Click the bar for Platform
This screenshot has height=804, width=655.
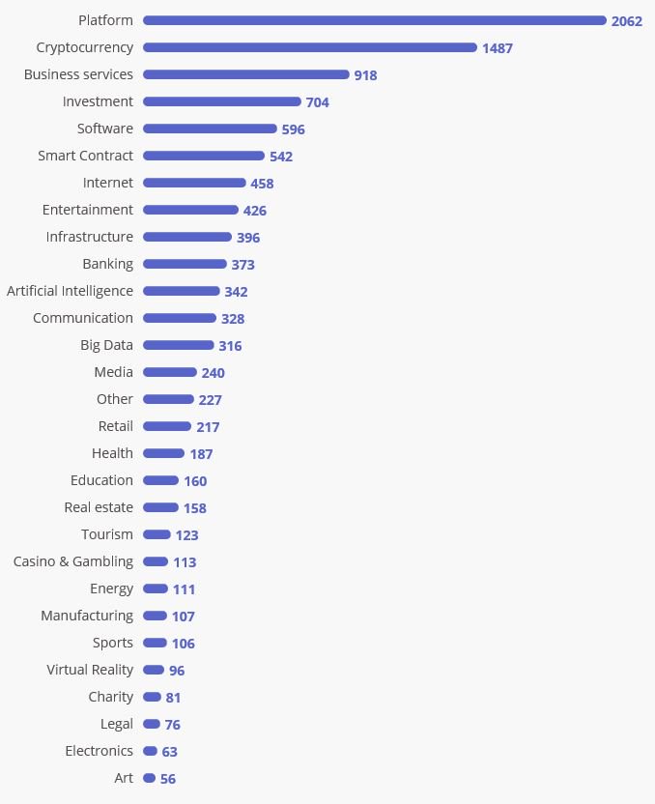374,20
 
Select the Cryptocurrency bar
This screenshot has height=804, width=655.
309,47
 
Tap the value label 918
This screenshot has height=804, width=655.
365,75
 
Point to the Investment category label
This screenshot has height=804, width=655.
98,101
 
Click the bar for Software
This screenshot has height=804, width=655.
210,129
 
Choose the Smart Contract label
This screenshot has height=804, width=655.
85,156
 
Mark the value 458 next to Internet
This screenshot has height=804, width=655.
262,184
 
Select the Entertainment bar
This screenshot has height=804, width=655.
190,210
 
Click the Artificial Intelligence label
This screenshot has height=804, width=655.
70,291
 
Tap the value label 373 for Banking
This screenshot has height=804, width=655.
242,265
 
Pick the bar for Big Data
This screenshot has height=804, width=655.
178,345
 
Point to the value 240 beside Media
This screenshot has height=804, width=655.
213,373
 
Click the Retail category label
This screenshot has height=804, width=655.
115,426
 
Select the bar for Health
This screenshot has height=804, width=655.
163,453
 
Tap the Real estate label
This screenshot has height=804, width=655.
99,507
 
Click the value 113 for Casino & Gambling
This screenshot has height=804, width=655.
185,562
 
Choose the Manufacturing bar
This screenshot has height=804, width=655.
155,616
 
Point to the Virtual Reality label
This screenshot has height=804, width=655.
90,670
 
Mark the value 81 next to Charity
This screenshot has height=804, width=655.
173,698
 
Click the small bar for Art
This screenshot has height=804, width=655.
149,778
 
